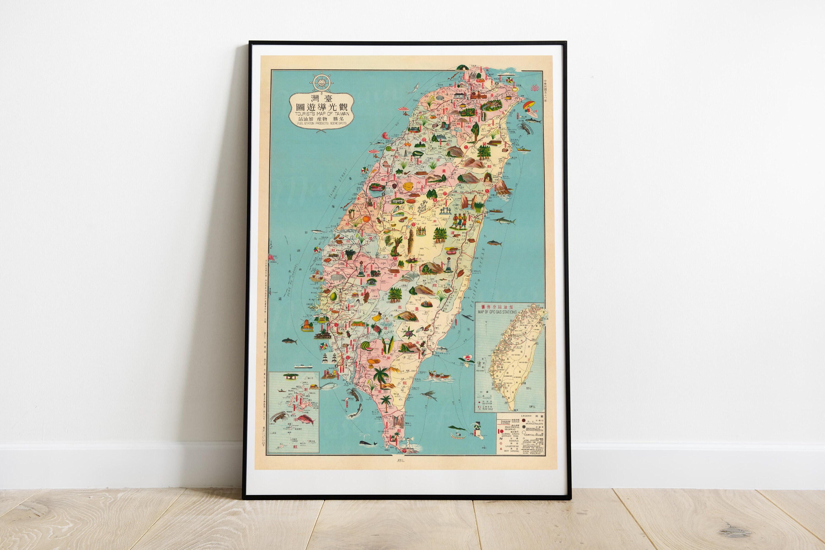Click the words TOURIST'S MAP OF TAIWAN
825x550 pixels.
click(x=321, y=114)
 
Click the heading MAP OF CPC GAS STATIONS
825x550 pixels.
click(x=497, y=312)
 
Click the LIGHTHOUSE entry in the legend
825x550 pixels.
click(x=512, y=446)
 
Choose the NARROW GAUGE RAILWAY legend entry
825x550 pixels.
click(x=510, y=422)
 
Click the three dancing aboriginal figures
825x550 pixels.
click(x=459, y=221)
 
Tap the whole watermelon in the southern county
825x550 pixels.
click(x=366, y=346)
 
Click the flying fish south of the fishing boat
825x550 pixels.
click(x=431, y=395)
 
